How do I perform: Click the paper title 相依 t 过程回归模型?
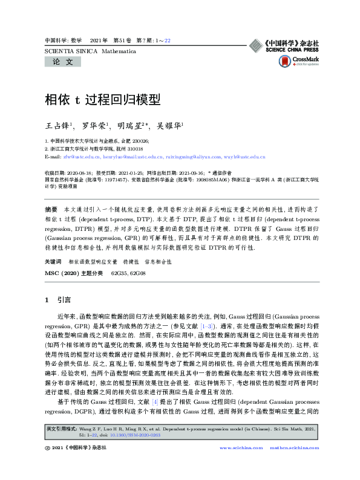[102, 99]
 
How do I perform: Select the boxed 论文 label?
[62, 62]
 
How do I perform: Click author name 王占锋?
[59, 126]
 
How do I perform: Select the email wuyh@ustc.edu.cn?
[248, 157]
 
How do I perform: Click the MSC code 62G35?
[118, 273]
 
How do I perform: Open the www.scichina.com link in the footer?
[241, 447]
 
